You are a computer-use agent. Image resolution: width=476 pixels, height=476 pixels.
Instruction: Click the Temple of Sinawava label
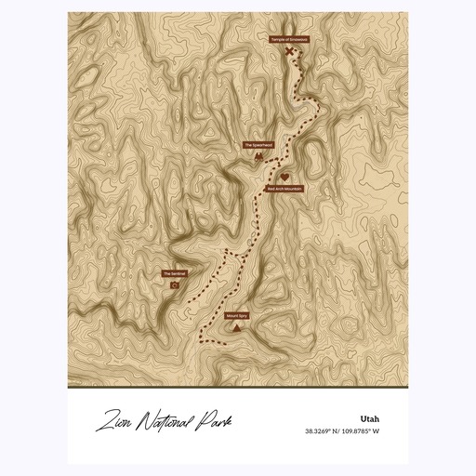pos(289,40)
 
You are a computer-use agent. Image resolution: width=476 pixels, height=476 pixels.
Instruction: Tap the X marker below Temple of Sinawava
pos(289,52)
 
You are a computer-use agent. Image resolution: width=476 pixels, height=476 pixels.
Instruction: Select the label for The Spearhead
pos(258,145)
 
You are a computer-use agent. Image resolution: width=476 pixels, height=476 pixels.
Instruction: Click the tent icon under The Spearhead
pos(258,158)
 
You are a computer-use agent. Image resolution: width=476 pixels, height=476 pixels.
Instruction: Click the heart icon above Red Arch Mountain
pos(284,177)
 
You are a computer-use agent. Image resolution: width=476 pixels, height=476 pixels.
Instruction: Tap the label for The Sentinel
pos(175,273)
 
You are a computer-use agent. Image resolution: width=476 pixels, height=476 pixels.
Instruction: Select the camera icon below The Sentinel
pos(175,285)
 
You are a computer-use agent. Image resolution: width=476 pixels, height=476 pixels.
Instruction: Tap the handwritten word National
pos(163,425)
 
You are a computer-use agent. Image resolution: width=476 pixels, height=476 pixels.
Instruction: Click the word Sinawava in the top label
pos(298,40)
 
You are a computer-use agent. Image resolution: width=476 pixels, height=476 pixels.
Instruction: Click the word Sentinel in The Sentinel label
pos(178,273)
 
